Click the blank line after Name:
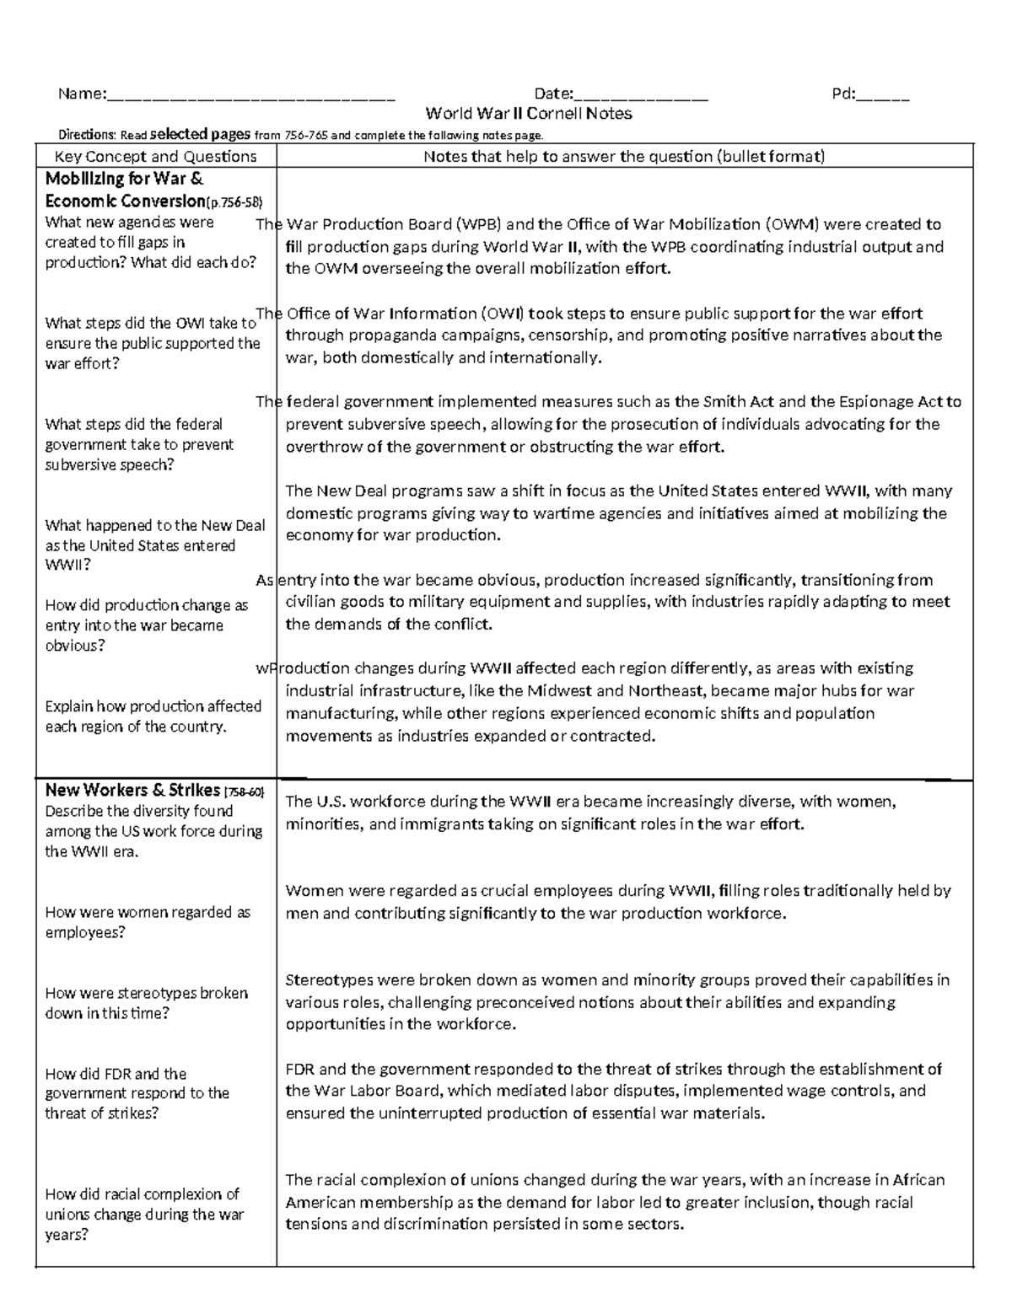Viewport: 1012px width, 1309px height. pos(250,95)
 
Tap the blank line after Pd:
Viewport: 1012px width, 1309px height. pos(883,95)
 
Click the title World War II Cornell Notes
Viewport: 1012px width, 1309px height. pos(528,114)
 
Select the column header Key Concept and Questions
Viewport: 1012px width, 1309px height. pos(155,157)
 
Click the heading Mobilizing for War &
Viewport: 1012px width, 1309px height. pos(124,179)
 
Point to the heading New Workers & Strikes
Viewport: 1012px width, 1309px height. pos(132,791)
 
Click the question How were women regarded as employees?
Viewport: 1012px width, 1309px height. pos(148,923)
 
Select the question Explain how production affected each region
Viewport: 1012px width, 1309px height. pos(153,716)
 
